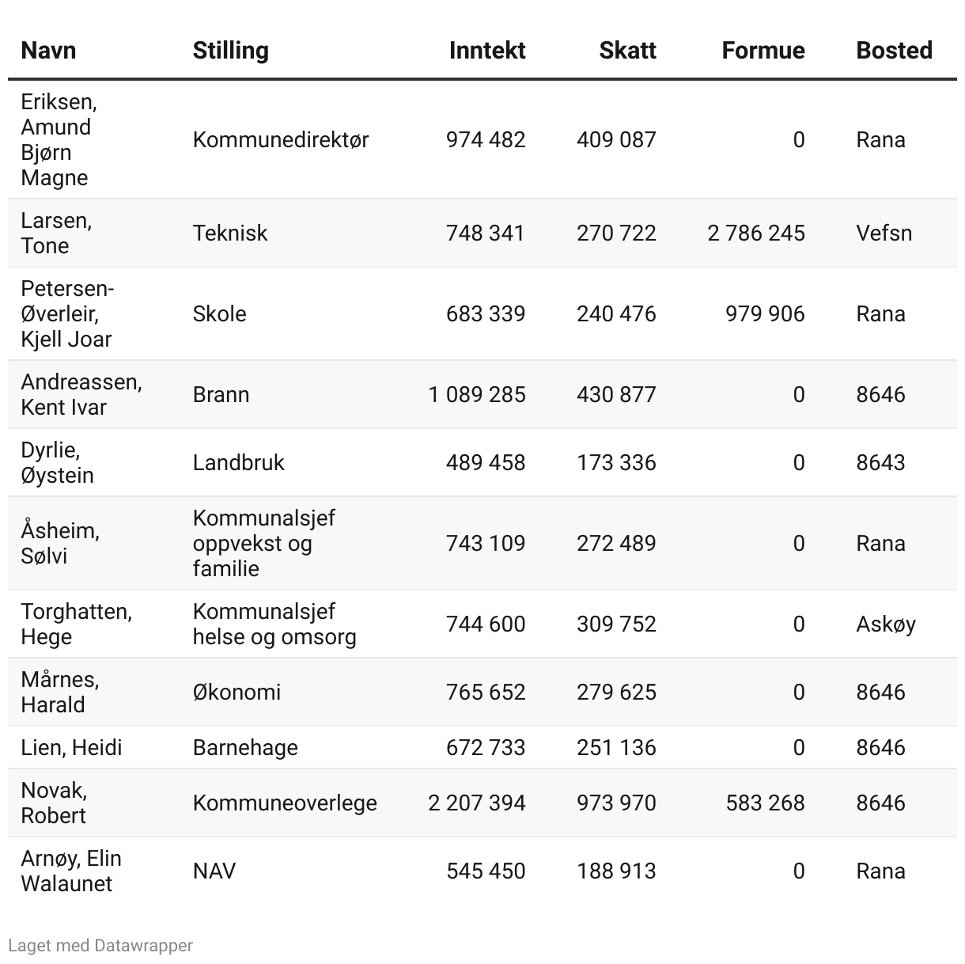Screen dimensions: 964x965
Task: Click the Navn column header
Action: coord(48,51)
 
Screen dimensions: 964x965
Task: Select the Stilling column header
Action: coord(230,51)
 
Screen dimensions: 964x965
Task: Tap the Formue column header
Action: coord(763,51)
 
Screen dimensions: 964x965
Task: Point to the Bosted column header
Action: coord(894,51)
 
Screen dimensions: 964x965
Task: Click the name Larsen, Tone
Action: coord(56,233)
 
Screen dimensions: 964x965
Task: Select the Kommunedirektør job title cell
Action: coord(281,140)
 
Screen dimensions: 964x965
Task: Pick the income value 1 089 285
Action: coord(477,394)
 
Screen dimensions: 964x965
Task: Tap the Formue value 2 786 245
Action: coord(756,233)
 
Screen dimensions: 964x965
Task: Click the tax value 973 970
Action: coord(616,803)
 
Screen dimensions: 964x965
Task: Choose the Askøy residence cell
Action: coord(886,624)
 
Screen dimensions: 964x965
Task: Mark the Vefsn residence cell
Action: coord(884,233)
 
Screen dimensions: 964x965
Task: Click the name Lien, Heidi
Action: coord(71,747)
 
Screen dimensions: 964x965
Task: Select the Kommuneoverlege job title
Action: coord(285,803)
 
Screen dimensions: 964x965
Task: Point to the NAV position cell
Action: coord(214,871)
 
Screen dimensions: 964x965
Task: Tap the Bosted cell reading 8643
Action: coord(880,462)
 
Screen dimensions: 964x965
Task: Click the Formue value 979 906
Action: coord(765,313)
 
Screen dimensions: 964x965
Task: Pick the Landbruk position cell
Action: coord(238,462)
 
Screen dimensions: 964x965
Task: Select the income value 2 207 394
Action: coord(477,803)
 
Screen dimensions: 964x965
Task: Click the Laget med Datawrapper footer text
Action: coord(100,945)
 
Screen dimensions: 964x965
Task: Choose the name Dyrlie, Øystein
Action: coord(57,462)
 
